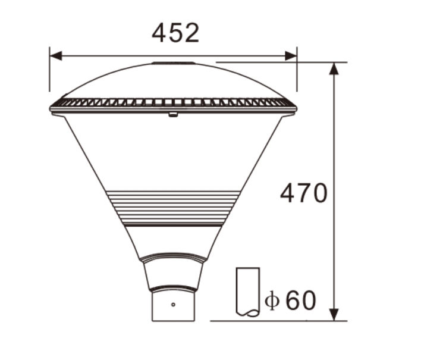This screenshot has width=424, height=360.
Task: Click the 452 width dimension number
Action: pyautogui.click(x=175, y=33)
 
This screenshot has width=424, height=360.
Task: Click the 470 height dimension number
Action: pyautogui.click(x=304, y=193)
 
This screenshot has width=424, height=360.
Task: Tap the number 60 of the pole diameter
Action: pyautogui.click(x=301, y=300)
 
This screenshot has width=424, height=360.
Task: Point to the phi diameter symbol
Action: pyautogui.click(x=272, y=300)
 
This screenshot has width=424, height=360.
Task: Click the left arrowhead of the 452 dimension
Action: pyautogui.click(x=56, y=56)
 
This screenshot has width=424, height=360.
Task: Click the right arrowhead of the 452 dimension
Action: pyautogui.click(x=291, y=56)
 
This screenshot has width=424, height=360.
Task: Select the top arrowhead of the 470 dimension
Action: pyautogui.click(x=334, y=68)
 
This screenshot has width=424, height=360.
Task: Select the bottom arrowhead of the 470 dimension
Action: pyautogui.click(x=334, y=315)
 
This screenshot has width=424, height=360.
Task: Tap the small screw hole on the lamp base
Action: pyautogui.click(x=173, y=305)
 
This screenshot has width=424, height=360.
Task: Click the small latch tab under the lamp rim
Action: pyautogui.click(x=173, y=114)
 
